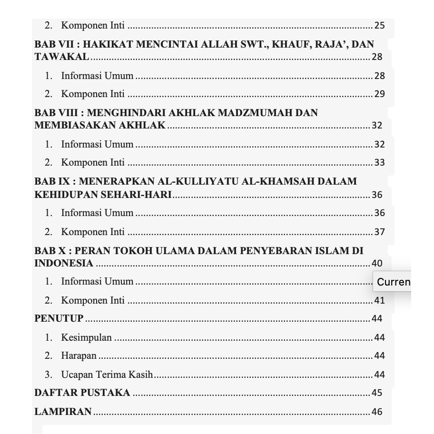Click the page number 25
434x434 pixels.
(379, 26)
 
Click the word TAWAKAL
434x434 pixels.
(61, 57)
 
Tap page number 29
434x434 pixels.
(379, 94)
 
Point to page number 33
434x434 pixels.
(379, 163)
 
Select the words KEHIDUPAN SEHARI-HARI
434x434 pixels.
(103, 195)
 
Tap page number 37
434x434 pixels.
(379, 232)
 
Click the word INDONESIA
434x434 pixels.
(64, 263)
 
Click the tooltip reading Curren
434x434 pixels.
(393, 282)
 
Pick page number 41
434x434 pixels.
(379, 301)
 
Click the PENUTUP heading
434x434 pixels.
(59, 318)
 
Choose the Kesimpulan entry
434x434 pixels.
(86, 338)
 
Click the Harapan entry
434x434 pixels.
(79, 356)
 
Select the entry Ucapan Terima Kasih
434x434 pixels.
(107, 375)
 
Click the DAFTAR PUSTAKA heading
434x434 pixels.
(82, 393)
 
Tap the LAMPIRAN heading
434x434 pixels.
(63, 412)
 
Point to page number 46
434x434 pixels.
(377, 412)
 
